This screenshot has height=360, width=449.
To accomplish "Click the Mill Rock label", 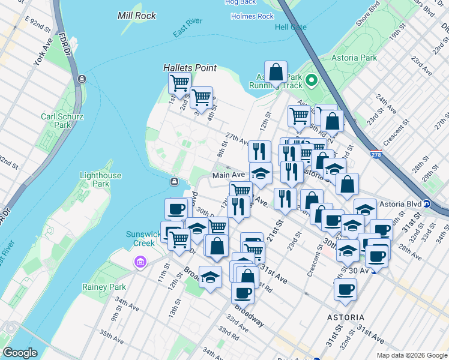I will point(137,16).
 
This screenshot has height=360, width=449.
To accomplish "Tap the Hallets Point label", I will point(190,68).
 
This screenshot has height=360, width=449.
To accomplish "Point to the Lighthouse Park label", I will point(100,180).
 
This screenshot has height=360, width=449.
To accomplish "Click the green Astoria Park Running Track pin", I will point(312,80).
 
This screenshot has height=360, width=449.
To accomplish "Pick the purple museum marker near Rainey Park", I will point(140,262).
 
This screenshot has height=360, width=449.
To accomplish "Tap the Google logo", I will point(20,352).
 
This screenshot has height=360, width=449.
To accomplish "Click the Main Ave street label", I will point(228,175).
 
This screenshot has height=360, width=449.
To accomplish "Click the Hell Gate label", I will point(291,28).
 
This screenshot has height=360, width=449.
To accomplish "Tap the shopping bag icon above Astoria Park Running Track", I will point(276,73).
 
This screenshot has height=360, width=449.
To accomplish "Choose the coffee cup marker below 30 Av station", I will point(345,290).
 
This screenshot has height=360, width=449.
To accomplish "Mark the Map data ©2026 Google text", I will point(411,355).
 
